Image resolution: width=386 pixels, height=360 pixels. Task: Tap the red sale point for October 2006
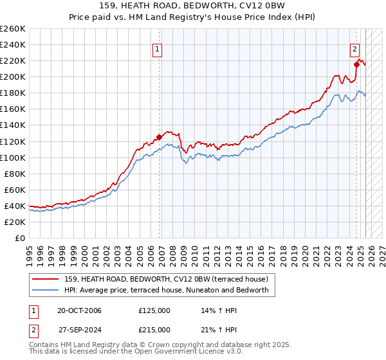[x=159, y=137]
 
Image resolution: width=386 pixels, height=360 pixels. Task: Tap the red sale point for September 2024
[x=356, y=64]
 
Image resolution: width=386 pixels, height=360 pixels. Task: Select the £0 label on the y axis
[x=21, y=238]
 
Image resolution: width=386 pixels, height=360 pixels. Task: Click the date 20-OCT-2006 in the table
[x=79, y=311]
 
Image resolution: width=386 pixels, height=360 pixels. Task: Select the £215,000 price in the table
[x=154, y=329]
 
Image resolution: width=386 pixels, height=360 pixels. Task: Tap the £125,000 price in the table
[x=154, y=311]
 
